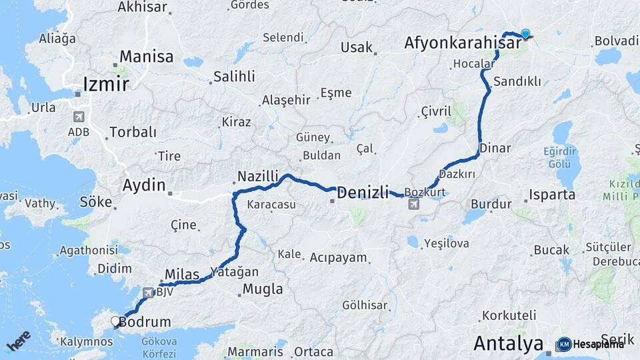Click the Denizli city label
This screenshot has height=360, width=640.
pyautogui.click(x=363, y=193)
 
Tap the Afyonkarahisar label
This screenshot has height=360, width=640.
pyautogui.click(x=463, y=43)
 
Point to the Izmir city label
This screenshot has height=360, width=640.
pyautogui.click(x=105, y=84)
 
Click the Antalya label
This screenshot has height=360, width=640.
pyautogui.click(x=508, y=344)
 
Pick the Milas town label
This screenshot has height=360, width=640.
pyautogui.click(x=181, y=275)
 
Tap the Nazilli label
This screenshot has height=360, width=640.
pyautogui.click(x=255, y=177)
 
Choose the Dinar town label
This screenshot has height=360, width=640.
pyautogui.click(x=495, y=148)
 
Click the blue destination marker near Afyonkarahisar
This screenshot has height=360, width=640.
pyautogui.click(x=525, y=34)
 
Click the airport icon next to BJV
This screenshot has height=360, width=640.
pyautogui.click(x=147, y=292)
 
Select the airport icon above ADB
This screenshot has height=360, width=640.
pyautogui.click(x=79, y=117)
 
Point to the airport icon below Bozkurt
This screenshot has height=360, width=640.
pyautogui.click(x=413, y=203)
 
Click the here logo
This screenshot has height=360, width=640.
pyautogui.click(x=19, y=341)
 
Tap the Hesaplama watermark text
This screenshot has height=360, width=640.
pyautogui.click(x=599, y=344)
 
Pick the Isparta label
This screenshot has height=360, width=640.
pyautogui.click(x=552, y=195)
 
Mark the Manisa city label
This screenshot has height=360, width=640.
pyautogui.click(x=147, y=57)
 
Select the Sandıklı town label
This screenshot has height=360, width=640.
pyautogui.click(x=517, y=82)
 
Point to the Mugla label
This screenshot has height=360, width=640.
pyautogui.click(x=263, y=289)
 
